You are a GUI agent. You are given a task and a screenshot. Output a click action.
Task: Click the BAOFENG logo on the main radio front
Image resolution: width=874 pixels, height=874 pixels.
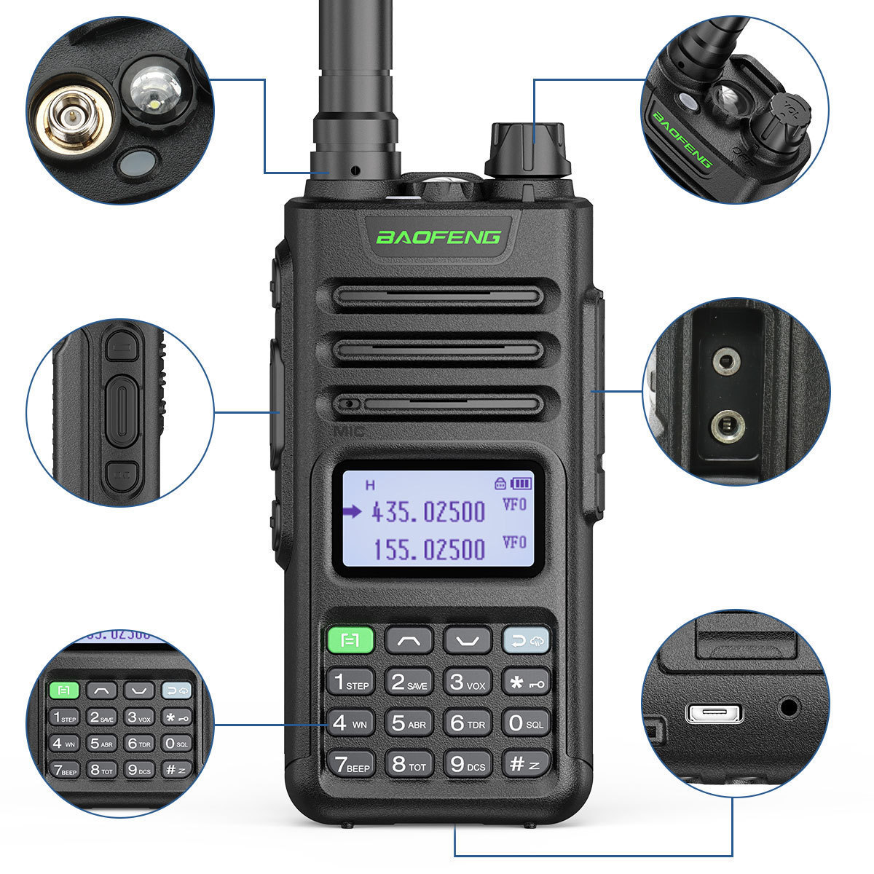(438, 237)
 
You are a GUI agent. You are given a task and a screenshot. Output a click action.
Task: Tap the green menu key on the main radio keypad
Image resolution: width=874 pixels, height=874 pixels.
(350, 641)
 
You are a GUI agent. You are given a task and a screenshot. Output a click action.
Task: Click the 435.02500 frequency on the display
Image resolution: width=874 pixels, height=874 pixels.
(428, 512)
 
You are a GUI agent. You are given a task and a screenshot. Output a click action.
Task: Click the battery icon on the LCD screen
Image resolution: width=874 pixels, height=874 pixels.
(521, 483)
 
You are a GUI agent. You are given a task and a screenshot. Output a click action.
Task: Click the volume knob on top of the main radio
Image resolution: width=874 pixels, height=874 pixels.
(527, 149)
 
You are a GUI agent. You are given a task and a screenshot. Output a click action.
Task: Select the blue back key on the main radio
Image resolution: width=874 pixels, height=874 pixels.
(526, 641)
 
